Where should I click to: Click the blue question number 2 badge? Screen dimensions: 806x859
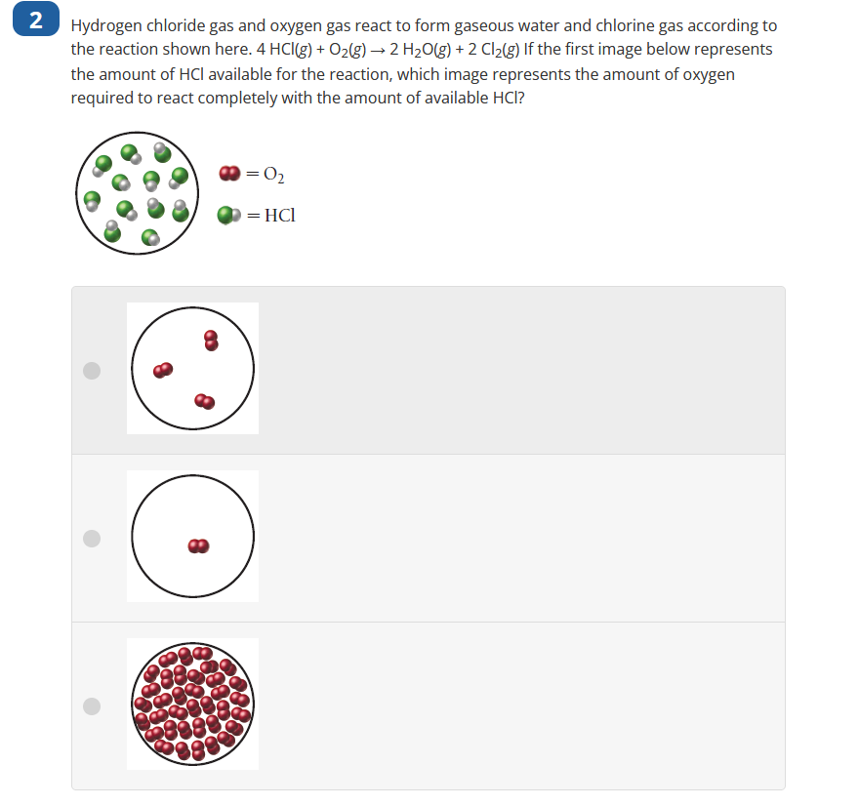35,22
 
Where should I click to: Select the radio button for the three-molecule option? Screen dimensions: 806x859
92,370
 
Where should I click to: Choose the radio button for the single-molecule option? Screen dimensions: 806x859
92,538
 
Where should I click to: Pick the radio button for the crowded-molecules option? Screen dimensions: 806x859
92,705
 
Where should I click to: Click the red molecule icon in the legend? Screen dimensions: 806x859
229,174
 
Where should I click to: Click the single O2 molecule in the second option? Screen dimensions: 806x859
198,544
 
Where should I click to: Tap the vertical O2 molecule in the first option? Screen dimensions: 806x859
211,340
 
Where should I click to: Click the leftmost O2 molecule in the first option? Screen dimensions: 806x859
162,370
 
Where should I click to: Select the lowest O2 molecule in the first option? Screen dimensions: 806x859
204,400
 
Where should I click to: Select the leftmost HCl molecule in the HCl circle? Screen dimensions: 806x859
93,199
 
